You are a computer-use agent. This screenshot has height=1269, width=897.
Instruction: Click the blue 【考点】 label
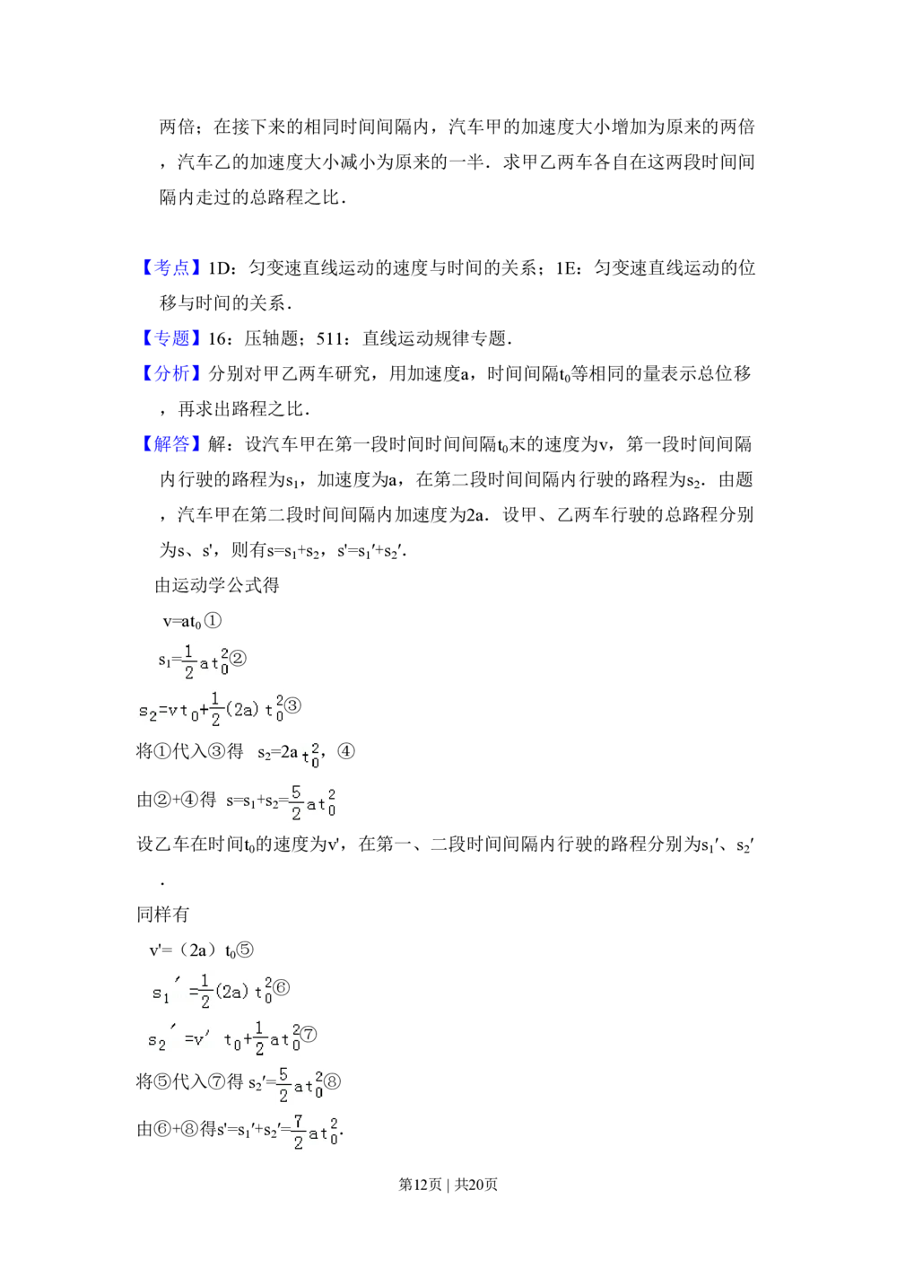pyautogui.click(x=171, y=268)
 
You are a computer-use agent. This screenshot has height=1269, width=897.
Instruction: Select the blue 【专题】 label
pyautogui.click(x=171, y=338)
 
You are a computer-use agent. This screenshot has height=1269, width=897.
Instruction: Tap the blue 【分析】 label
pyautogui.click(x=171, y=373)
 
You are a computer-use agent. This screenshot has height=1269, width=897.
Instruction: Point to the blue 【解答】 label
pyautogui.click(x=171, y=443)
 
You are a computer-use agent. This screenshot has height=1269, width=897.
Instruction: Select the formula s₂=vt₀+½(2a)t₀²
pyautogui.click(x=208, y=708)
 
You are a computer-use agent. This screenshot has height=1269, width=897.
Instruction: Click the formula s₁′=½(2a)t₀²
pyautogui.click(x=208, y=992)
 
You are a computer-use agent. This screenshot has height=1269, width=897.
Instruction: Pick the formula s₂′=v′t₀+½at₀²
pyautogui.click(x=222, y=1039)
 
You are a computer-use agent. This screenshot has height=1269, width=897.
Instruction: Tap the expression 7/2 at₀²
pyautogui.click(x=315, y=1133)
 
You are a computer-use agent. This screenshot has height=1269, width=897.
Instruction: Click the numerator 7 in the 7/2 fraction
pyautogui.click(x=299, y=1122)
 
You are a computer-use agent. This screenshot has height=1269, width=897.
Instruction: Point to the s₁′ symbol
pyautogui.click(x=162, y=993)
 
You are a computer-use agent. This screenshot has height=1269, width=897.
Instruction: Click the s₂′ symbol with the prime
pyautogui.click(x=159, y=1041)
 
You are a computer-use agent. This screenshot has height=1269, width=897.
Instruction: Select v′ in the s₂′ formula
pyautogui.click(x=200, y=1039)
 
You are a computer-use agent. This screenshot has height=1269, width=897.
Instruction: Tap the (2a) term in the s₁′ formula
pyautogui.click(x=231, y=993)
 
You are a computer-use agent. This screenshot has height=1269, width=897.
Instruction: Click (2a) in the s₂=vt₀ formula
pyautogui.click(x=242, y=709)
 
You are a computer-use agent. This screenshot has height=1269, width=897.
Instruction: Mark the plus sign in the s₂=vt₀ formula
pyautogui.click(x=204, y=709)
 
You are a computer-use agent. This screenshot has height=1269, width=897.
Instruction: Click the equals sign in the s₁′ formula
pyautogui.click(x=194, y=992)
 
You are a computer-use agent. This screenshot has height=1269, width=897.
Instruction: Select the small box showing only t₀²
pyautogui.click(x=309, y=757)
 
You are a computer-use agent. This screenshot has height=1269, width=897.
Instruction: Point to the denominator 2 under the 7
pyautogui.click(x=299, y=1144)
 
